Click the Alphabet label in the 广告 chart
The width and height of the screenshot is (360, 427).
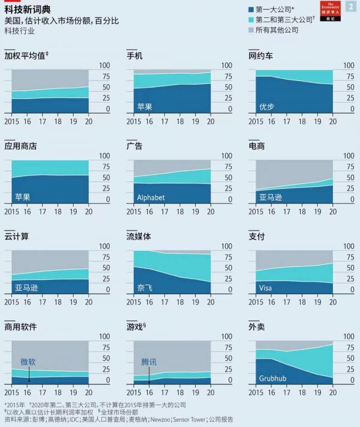click(151, 197)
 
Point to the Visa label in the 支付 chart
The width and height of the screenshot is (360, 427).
click(265, 288)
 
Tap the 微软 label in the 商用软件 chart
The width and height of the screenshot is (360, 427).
click(28, 362)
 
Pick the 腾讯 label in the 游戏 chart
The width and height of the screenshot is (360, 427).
click(149, 363)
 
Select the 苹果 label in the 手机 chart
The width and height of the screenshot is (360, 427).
click(145, 106)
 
